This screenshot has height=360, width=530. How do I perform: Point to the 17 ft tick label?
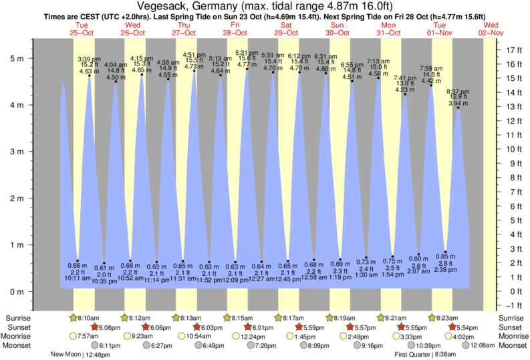[513, 50]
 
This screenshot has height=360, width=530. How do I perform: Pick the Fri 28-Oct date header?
[236, 28]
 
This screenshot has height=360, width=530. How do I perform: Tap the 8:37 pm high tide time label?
[458, 92]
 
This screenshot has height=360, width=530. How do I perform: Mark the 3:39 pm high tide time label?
[90, 59]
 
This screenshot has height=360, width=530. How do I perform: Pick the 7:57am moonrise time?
[87, 336]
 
